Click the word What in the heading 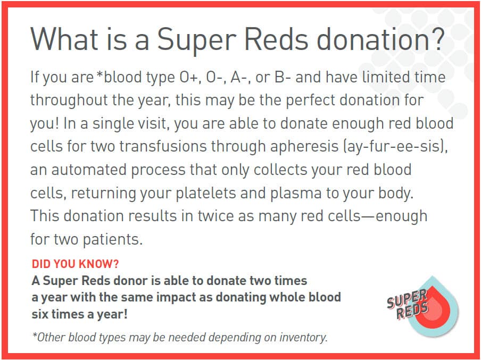[x=64, y=39]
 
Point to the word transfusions [x=163, y=146]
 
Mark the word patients [x=113, y=239]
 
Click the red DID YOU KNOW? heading [x=75, y=264]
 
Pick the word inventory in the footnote [x=303, y=337]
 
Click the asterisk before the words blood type [x=99, y=74]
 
